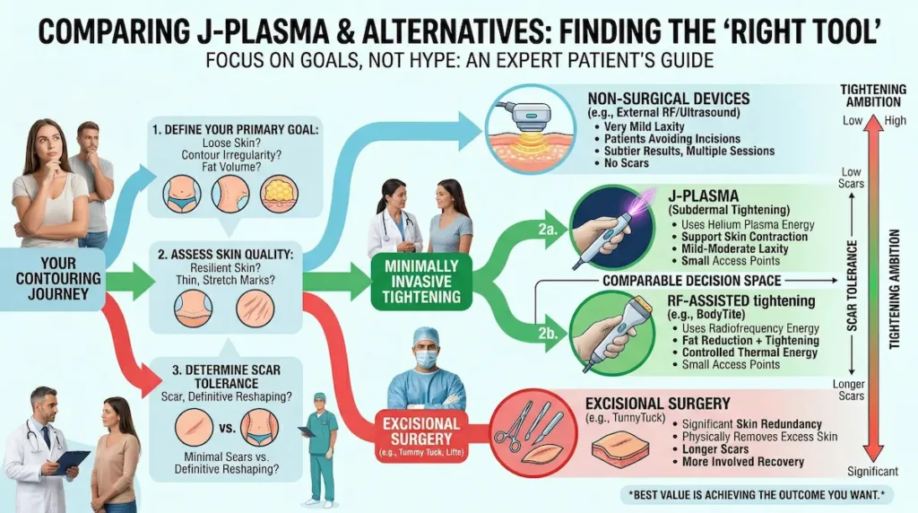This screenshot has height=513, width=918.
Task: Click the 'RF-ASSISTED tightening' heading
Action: tap(735, 300)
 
